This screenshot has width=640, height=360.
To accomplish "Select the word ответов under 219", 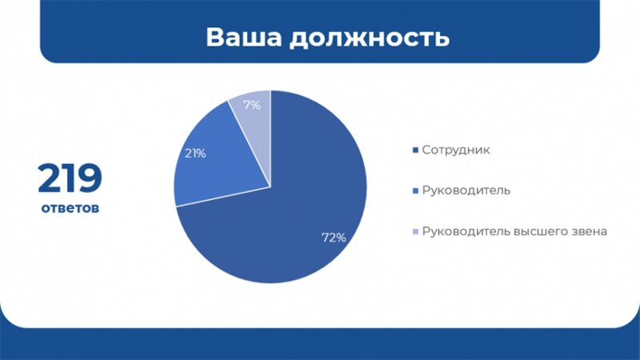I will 70,208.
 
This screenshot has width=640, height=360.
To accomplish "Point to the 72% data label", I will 334,238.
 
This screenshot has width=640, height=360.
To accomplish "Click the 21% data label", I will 195,153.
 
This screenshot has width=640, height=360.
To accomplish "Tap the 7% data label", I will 252,105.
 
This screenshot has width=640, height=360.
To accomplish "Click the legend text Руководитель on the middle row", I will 466,190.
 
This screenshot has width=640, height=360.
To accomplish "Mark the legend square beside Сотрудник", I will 414,150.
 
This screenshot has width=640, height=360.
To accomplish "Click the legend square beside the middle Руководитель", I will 414,191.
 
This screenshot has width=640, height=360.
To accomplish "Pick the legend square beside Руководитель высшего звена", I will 414,232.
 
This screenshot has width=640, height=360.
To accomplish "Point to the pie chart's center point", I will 270,187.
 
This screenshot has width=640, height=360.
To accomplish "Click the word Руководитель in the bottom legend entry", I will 466,231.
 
